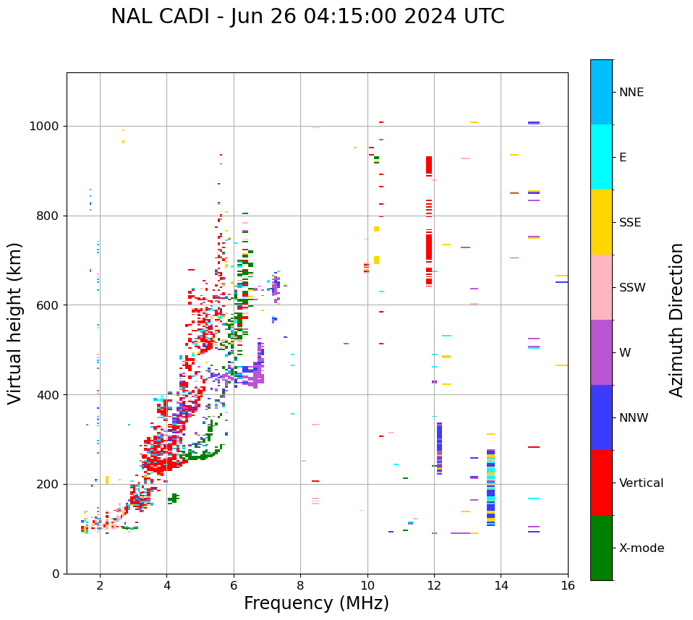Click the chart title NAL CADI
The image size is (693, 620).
pos(307,17)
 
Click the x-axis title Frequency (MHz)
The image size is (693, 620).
pos(316,603)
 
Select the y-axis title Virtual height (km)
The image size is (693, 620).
pos(15,323)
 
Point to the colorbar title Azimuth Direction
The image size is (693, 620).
pos(676,320)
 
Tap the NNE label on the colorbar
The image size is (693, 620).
pos(631,93)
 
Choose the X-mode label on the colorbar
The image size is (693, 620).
pos(641,548)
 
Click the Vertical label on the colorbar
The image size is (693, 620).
pos(641,483)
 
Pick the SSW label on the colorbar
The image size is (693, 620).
pos(632,288)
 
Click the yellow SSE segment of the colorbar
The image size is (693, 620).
pos(601,221)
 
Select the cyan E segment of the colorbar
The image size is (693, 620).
pos(601,156)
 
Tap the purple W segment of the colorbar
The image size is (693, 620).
pos(601,352)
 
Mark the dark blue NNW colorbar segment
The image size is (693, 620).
pos(601,417)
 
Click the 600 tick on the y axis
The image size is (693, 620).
pos(50,305)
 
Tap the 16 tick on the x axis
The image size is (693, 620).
pos(567,585)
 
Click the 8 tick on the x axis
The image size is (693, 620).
pos(300,585)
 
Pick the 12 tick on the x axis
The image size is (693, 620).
pos(434,585)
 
